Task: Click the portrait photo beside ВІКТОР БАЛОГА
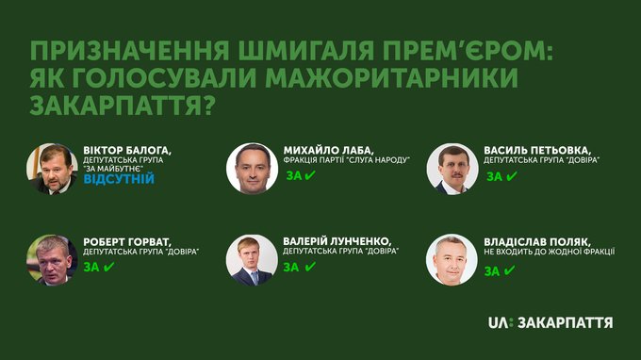click(x=52, y=169)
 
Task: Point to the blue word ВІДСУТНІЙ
click(x=119, y=179)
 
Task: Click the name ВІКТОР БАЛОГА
click(x=127, y=151)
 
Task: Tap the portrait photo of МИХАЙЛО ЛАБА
click(x=253, y=169)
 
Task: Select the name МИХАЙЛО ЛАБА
click(x=328, y=151)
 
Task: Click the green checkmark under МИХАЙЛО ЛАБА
click(x=310, y=175)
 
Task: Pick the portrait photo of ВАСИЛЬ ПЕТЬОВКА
click(x=452, y=169)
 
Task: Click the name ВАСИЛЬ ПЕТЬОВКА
click(x=537, y=151)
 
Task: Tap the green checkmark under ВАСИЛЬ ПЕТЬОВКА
click(x=512, y=176)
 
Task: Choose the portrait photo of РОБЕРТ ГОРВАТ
click(x=52, y=260)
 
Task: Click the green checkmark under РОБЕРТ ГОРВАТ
click(x=108, y=267)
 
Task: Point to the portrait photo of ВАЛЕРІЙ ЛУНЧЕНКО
click(x=252, y=260)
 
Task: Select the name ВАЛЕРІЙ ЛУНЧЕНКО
click(x=337, y=241)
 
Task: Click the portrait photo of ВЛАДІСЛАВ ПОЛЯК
click(x=452, y=260)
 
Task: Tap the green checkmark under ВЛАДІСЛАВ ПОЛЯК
click(x=509, y=270)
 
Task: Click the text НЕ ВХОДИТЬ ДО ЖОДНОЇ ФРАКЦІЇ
click(x=549, y=252)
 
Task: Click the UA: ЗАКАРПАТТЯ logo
click(x=551, y=322)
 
